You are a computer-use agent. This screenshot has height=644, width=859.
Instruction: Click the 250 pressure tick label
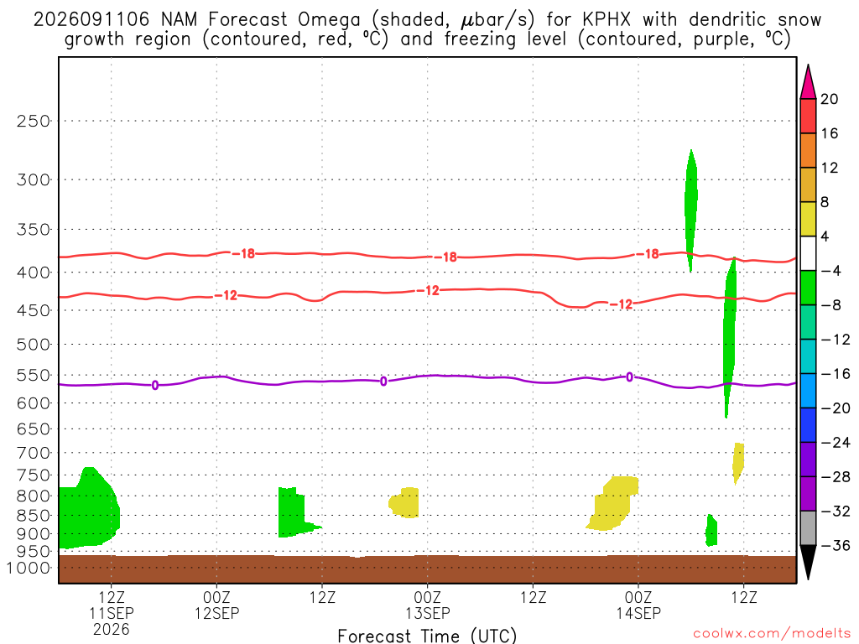coord(34,121)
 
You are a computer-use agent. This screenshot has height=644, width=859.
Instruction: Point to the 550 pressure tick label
coord(34,376)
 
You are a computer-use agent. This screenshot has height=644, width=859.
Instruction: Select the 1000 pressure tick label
coord(29,569)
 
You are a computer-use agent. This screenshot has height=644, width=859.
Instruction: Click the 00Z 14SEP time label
coord(638,605)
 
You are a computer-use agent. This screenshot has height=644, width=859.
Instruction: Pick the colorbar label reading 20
coord(830,99)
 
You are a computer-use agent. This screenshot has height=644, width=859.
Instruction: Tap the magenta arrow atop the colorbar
coord(808,83)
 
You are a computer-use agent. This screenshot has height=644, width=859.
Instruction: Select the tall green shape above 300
coord(691,210)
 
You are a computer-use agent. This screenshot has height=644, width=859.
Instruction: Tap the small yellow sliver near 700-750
coord(738,463)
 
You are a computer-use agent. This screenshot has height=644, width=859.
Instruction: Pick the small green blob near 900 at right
coord(711,530)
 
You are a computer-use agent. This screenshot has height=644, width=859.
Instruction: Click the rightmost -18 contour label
coord(648,254)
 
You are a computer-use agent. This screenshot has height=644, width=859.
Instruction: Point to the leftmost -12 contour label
coord(226,296)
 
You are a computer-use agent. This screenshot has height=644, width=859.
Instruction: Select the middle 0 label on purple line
coord(383,382)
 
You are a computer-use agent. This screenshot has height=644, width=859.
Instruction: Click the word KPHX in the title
coord(607,20)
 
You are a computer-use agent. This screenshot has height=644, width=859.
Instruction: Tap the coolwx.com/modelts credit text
coord(772,634)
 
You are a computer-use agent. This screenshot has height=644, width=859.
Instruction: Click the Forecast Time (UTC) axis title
coord(427,636)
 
